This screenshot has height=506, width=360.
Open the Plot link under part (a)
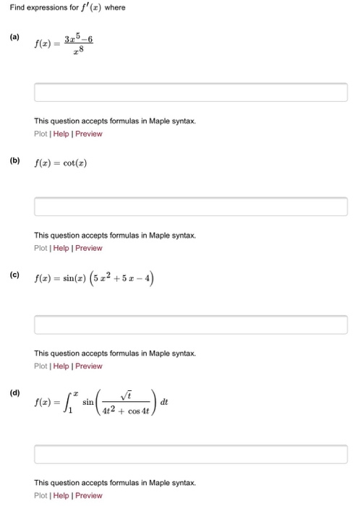click(40, 134)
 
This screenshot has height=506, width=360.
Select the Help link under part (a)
click(61, 134)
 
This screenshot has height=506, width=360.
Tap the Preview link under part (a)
click(89, 134)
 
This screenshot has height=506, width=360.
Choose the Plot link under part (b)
click(40, 248)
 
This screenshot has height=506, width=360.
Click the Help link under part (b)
click(61, 248)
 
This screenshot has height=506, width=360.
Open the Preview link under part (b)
click(89, 248)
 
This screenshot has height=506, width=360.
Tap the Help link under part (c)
click(61, 366)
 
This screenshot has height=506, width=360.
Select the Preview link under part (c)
click(89, 366)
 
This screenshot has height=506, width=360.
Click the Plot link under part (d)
click(40, 495)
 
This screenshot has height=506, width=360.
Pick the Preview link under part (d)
click(89, 495)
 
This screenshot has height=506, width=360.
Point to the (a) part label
click(14, 36)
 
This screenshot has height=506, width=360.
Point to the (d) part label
click(14, 393)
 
